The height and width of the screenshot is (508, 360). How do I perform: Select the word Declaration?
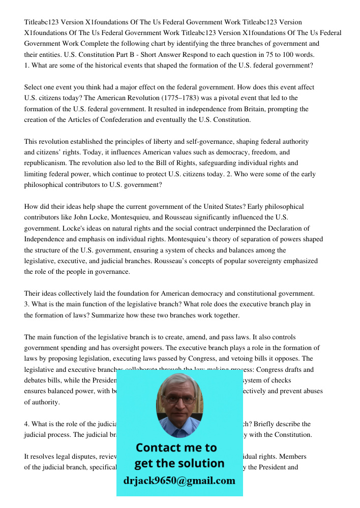click(x=285, y=229)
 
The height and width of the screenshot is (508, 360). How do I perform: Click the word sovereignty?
click(x=257, y=261)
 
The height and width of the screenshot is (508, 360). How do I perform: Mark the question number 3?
click(x=26, y=304)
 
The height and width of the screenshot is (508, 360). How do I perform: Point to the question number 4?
click(x=26, y=424)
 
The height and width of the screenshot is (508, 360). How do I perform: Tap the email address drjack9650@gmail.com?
click(x=179, y=481)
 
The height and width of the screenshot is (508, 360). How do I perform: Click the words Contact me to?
click(x=176, y=448)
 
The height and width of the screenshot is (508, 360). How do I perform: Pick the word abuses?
click(x=310, y=391)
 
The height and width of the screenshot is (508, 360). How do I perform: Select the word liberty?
click(x=162, y=142)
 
